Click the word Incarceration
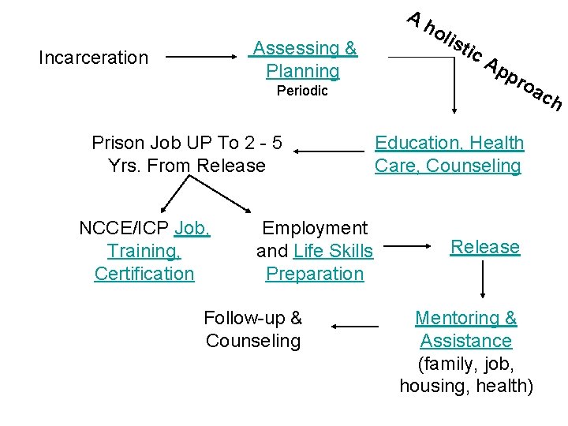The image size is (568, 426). [93, 58]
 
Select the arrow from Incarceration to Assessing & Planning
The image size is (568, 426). [202, 58]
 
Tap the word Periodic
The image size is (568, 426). [302, 91]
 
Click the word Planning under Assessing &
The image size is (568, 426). [303, 71]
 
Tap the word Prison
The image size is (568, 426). [117, 143]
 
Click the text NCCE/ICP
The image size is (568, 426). [125, 229]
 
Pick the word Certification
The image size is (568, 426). [144, 274]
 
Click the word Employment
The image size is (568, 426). [315, 228]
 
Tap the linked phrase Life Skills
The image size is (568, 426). [333, 251]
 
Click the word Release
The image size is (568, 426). [485, 247]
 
